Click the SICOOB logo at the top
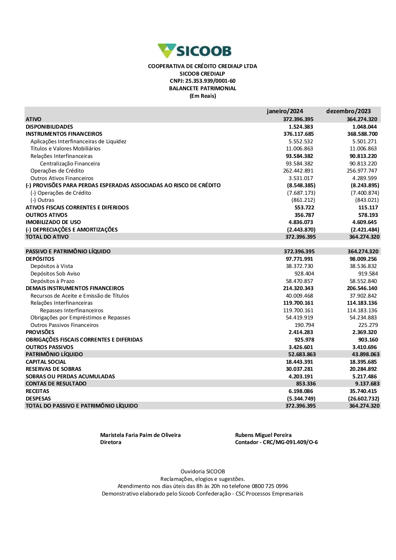[194, 51]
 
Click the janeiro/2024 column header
[285, 111]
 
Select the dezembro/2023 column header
[348, 111]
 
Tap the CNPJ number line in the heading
[202, 81]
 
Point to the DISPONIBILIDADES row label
[49, 127]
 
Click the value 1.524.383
[301, 127]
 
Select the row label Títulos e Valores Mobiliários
[65, 149]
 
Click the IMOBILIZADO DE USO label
[53, 222]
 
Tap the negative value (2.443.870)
[301, 230]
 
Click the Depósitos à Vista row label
[51, 266]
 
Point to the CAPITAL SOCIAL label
[46, 362]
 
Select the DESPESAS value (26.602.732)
[363, 399]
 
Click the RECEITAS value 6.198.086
[301, 391]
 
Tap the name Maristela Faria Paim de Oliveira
[140, 435]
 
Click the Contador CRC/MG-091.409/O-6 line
[276, 442]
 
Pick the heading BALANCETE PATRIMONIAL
[202, 89]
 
